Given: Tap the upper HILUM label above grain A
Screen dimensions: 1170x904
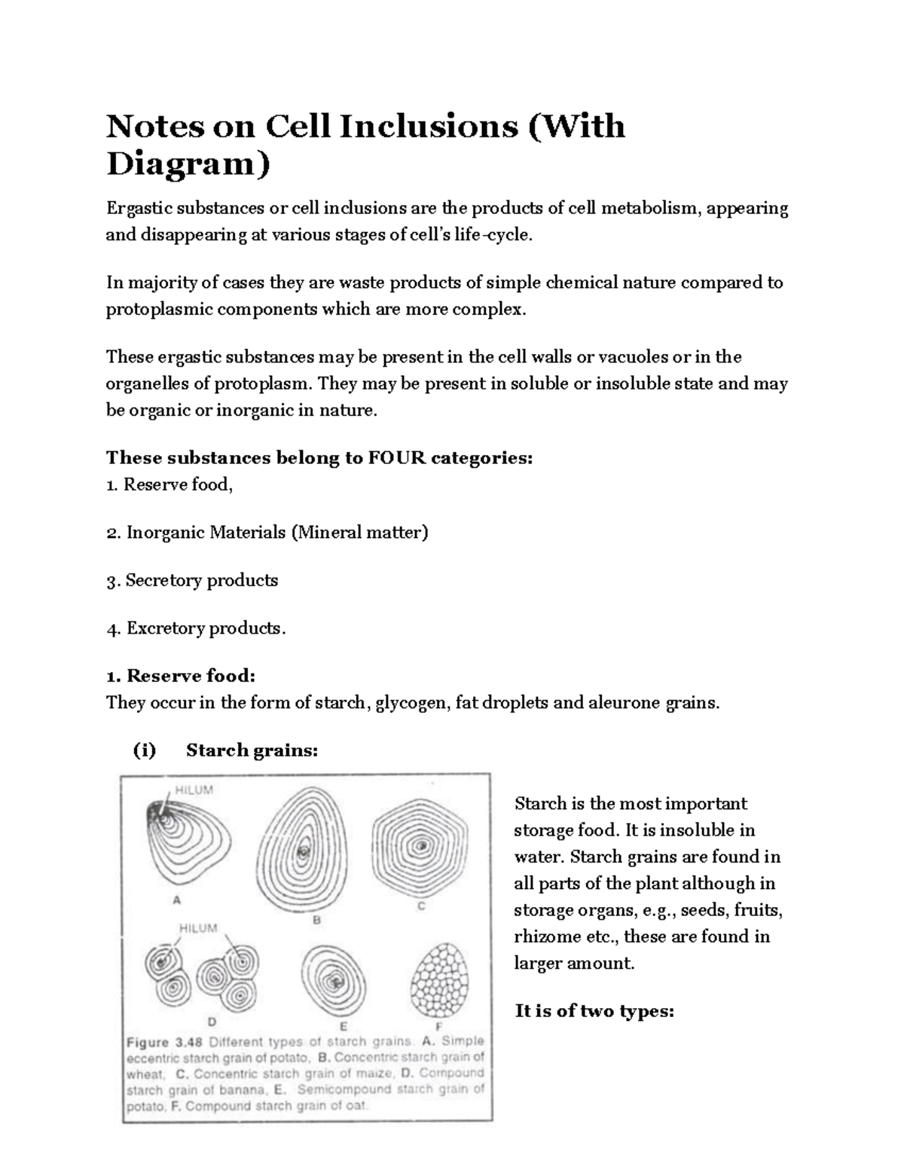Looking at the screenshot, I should [x=194, y=790].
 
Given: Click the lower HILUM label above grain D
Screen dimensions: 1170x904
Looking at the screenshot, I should [x=198, y=928].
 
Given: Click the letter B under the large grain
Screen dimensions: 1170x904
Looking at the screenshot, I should [x=317, y=920].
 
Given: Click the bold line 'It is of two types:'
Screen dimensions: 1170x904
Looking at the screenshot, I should [x=594, y=1011].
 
